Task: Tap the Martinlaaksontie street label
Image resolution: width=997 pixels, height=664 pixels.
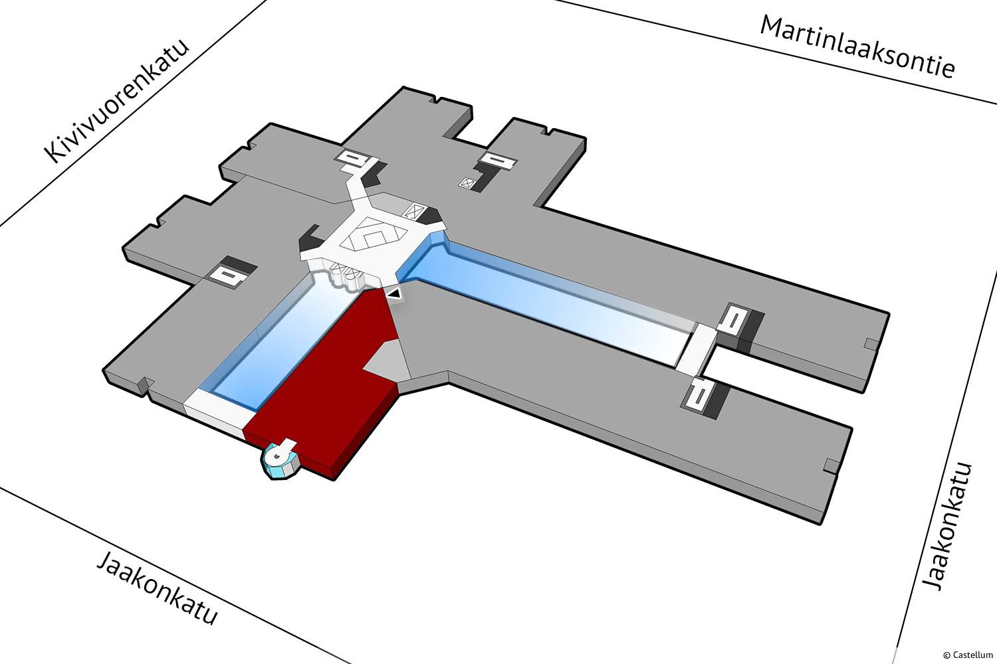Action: click(857, 46)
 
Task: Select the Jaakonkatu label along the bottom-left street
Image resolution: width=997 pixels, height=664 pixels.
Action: click(158, 589)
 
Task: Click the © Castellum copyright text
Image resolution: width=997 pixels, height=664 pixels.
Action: click(968, 655)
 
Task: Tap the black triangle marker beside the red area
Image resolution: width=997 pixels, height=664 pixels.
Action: click(394, 293)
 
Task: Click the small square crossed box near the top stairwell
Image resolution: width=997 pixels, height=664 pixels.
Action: click(467, 183)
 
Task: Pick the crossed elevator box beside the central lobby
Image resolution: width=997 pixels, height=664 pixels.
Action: click(414, 210)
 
